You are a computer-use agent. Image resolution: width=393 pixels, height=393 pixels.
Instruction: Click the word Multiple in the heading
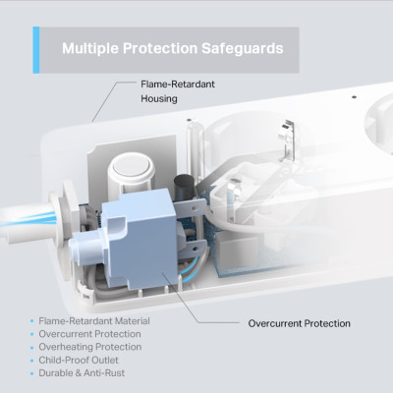(x=91, y=47)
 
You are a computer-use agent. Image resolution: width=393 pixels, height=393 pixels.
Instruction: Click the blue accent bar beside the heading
(x=36, y=49)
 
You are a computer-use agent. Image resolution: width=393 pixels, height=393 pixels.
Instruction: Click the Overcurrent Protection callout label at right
(x=299, y=323)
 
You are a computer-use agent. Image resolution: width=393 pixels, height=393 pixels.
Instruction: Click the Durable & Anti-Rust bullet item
(x=84, y=372)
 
